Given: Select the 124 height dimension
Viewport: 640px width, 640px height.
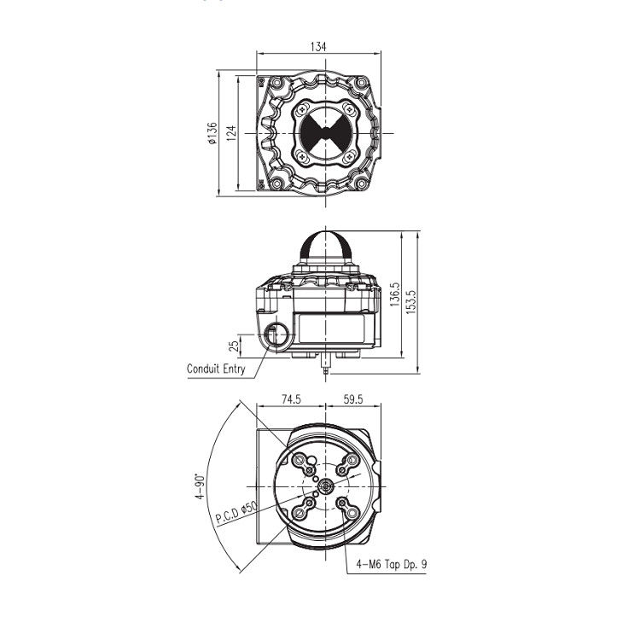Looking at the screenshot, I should (233, 135).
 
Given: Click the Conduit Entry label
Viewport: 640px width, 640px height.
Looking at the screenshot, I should (216, 369).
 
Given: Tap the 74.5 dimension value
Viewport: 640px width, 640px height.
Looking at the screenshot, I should (293, 399).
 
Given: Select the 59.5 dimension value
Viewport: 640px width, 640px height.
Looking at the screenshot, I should (352, 399).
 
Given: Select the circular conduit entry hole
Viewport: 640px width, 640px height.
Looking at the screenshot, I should (276, 335).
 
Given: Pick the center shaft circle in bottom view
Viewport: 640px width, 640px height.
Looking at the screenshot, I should (325, 487).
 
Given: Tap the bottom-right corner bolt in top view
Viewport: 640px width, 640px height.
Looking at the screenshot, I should (361, 183).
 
